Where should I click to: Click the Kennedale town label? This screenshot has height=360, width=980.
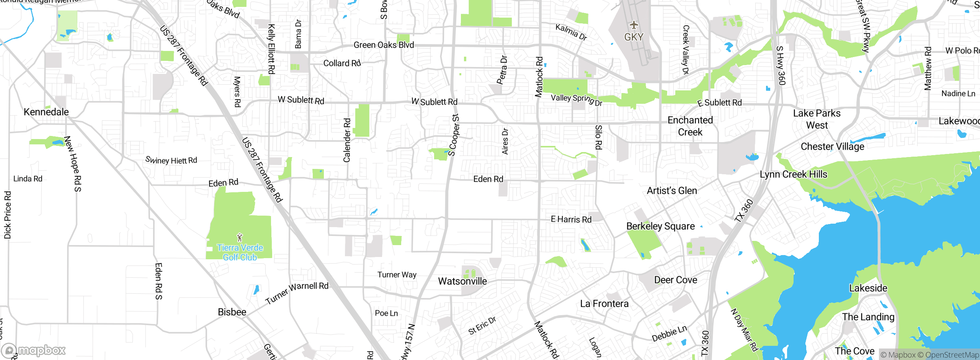[46, 112]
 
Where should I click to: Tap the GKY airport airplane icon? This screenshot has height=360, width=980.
[634, 25]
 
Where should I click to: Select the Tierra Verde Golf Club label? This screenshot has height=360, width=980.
[240, 252]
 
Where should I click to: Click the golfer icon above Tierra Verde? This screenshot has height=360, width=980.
[240, 237]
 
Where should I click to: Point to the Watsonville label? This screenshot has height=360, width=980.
[462, 281]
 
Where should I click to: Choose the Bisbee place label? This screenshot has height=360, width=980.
[232, 312]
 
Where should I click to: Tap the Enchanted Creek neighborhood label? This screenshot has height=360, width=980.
[690, 126]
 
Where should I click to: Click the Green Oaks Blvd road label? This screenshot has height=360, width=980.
[384, 45]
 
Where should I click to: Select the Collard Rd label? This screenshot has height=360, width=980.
[342, 63]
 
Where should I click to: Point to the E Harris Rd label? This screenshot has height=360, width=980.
[571, 219]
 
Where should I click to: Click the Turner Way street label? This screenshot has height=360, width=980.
[397, 275]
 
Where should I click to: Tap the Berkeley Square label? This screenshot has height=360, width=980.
[660, 226]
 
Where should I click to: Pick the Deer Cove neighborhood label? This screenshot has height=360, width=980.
[676, 280]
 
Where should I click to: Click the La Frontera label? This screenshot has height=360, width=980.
[604, 304]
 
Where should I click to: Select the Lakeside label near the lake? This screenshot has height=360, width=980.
[868, 288]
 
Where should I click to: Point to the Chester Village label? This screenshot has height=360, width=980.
[833, 147]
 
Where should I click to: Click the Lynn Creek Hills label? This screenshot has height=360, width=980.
[794, 174]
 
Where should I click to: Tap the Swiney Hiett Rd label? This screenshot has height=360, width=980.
[171, 160]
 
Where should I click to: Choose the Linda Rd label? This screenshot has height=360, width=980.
[28, 178]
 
